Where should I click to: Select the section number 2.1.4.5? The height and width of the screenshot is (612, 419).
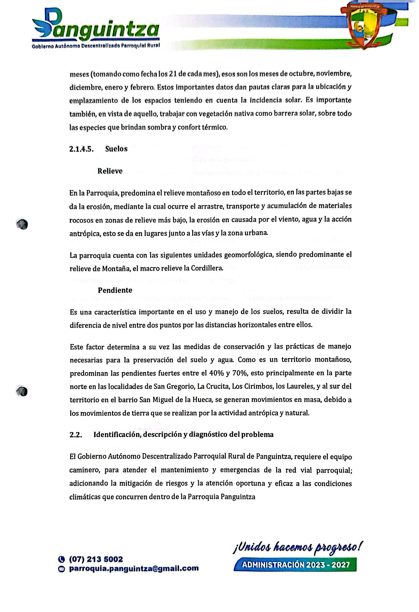82,149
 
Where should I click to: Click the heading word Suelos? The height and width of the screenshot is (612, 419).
116,149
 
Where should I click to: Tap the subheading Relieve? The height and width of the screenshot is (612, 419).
110,171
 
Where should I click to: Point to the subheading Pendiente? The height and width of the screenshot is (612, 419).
115,290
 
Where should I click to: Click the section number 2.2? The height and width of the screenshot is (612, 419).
76,435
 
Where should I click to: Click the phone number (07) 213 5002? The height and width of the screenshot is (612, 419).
96,559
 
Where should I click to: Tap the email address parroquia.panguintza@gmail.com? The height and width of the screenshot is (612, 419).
134,569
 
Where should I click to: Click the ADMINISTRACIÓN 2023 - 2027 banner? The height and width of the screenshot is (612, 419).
295,565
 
